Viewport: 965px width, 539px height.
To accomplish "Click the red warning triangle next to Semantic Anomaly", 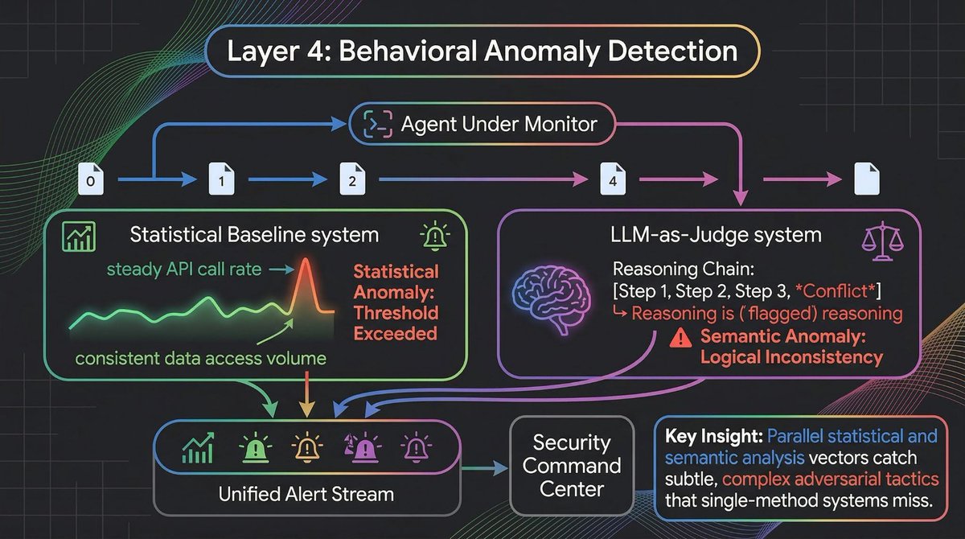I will coord(680,338).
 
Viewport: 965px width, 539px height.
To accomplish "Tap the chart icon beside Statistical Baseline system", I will coord(77,236).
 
